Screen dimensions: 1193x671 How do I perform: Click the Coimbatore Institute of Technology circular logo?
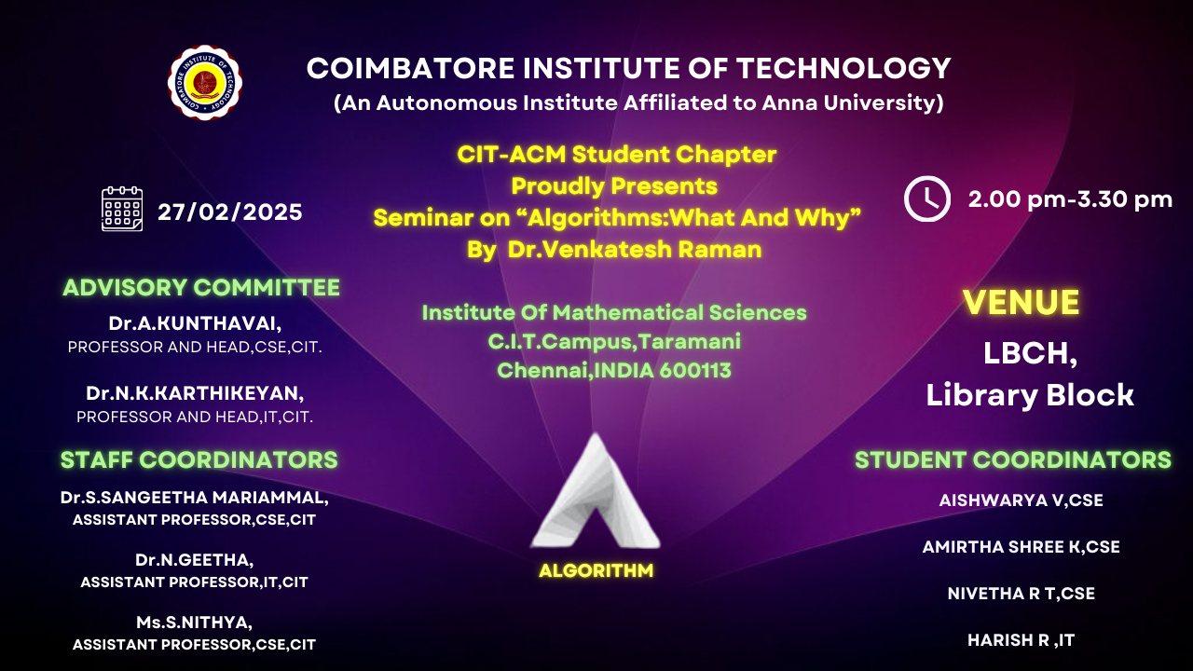click(205, 83)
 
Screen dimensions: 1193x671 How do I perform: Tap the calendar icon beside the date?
click(122, 209)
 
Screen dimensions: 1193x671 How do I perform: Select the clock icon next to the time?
click(927, 199)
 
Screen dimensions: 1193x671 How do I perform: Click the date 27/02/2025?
click(230, 212)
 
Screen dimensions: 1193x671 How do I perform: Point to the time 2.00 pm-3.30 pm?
click(1071, 199)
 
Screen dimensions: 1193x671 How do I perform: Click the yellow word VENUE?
click(1021, 302)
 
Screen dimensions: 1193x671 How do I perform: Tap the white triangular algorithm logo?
click(596, 491)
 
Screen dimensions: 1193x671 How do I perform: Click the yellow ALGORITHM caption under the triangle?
click(596, 571)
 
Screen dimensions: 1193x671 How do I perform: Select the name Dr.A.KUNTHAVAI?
click(195, 323)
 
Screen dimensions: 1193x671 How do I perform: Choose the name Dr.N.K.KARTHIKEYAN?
click(195, 393)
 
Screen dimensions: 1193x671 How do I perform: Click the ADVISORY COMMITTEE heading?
click(201, 288)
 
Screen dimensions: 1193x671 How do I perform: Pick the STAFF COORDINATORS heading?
click(199, 459)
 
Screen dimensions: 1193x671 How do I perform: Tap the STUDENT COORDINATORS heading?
click(1013, 459)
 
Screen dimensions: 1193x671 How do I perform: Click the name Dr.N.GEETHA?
click(195, 560)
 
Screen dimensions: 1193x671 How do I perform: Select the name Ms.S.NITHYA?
click(195, 622)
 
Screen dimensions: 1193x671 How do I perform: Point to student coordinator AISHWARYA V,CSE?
click(1021, 500)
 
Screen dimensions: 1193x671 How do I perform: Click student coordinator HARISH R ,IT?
click(1021, 640)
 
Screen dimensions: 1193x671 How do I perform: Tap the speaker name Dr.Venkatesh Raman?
click(635, 249)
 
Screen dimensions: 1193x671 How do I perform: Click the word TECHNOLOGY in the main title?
click(843, 69)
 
